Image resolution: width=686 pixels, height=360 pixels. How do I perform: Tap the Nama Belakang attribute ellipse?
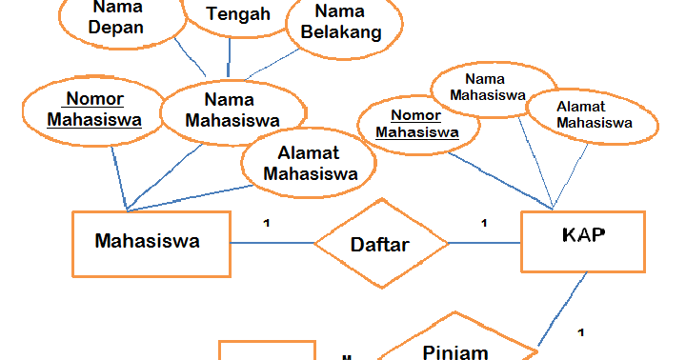coord(340,23)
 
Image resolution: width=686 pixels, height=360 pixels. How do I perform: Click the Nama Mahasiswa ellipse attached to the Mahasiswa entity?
coord(232,109)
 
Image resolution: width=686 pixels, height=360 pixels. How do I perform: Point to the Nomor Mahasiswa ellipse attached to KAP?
coord(417,125)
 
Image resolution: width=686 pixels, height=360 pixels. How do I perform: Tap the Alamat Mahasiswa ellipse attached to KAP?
coord(594,114)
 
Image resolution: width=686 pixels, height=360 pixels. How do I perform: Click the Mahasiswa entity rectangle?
coord(150,242)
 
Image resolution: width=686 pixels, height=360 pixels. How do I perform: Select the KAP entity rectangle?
coord(582,242)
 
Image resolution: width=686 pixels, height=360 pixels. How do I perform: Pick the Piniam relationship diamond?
coord(454,345)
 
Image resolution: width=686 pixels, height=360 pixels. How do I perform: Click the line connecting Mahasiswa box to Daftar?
coord(272,243)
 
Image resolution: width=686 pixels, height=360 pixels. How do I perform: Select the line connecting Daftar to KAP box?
coord(485,243)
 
